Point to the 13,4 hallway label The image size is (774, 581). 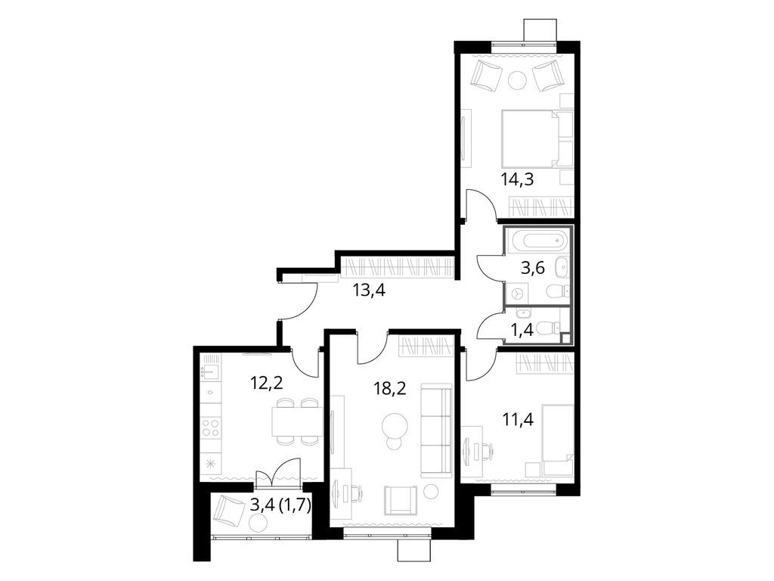tap(370, 289)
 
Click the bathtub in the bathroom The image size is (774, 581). tap(537, 242)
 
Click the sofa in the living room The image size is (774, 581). tap(435, 428)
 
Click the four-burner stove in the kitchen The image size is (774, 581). tap(211, 429)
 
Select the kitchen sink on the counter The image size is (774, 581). tap(209, 372)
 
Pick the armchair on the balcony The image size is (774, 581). tap(229, 512)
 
